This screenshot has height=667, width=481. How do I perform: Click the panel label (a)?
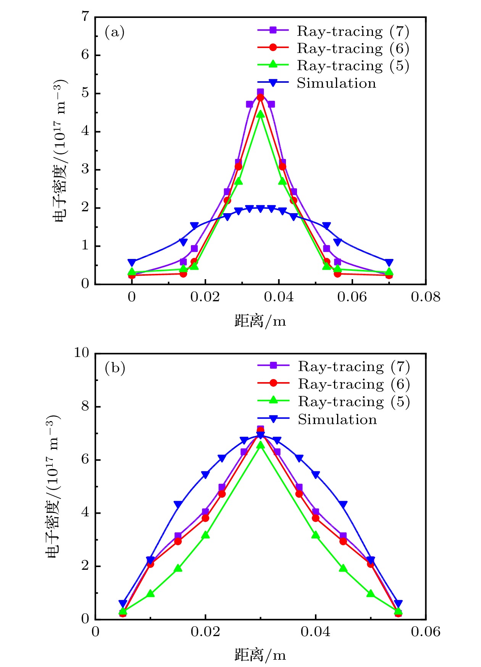point(115,32)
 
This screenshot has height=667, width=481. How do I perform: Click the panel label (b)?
point(115,368)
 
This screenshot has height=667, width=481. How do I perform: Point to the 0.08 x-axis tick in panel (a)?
point(425,297)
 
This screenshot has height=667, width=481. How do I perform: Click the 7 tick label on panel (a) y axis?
point(85,17)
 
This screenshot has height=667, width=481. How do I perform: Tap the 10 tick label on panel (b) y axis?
point(81,353)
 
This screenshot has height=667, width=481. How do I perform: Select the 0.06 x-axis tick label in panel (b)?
point(425,632)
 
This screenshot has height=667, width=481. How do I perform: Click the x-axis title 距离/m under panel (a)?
point(260,321)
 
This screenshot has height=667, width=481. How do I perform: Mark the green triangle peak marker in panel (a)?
point(260,114)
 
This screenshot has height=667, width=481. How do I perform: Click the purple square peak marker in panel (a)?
point(260,92)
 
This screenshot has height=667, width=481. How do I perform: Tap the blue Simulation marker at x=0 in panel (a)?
point(132,262)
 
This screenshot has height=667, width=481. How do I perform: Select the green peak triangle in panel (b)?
point(260,445)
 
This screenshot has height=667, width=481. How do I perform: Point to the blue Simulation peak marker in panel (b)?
point(260,435)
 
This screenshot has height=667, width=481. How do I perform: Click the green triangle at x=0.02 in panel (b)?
point(205,535)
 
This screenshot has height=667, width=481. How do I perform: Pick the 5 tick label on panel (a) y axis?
point(85,93)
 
